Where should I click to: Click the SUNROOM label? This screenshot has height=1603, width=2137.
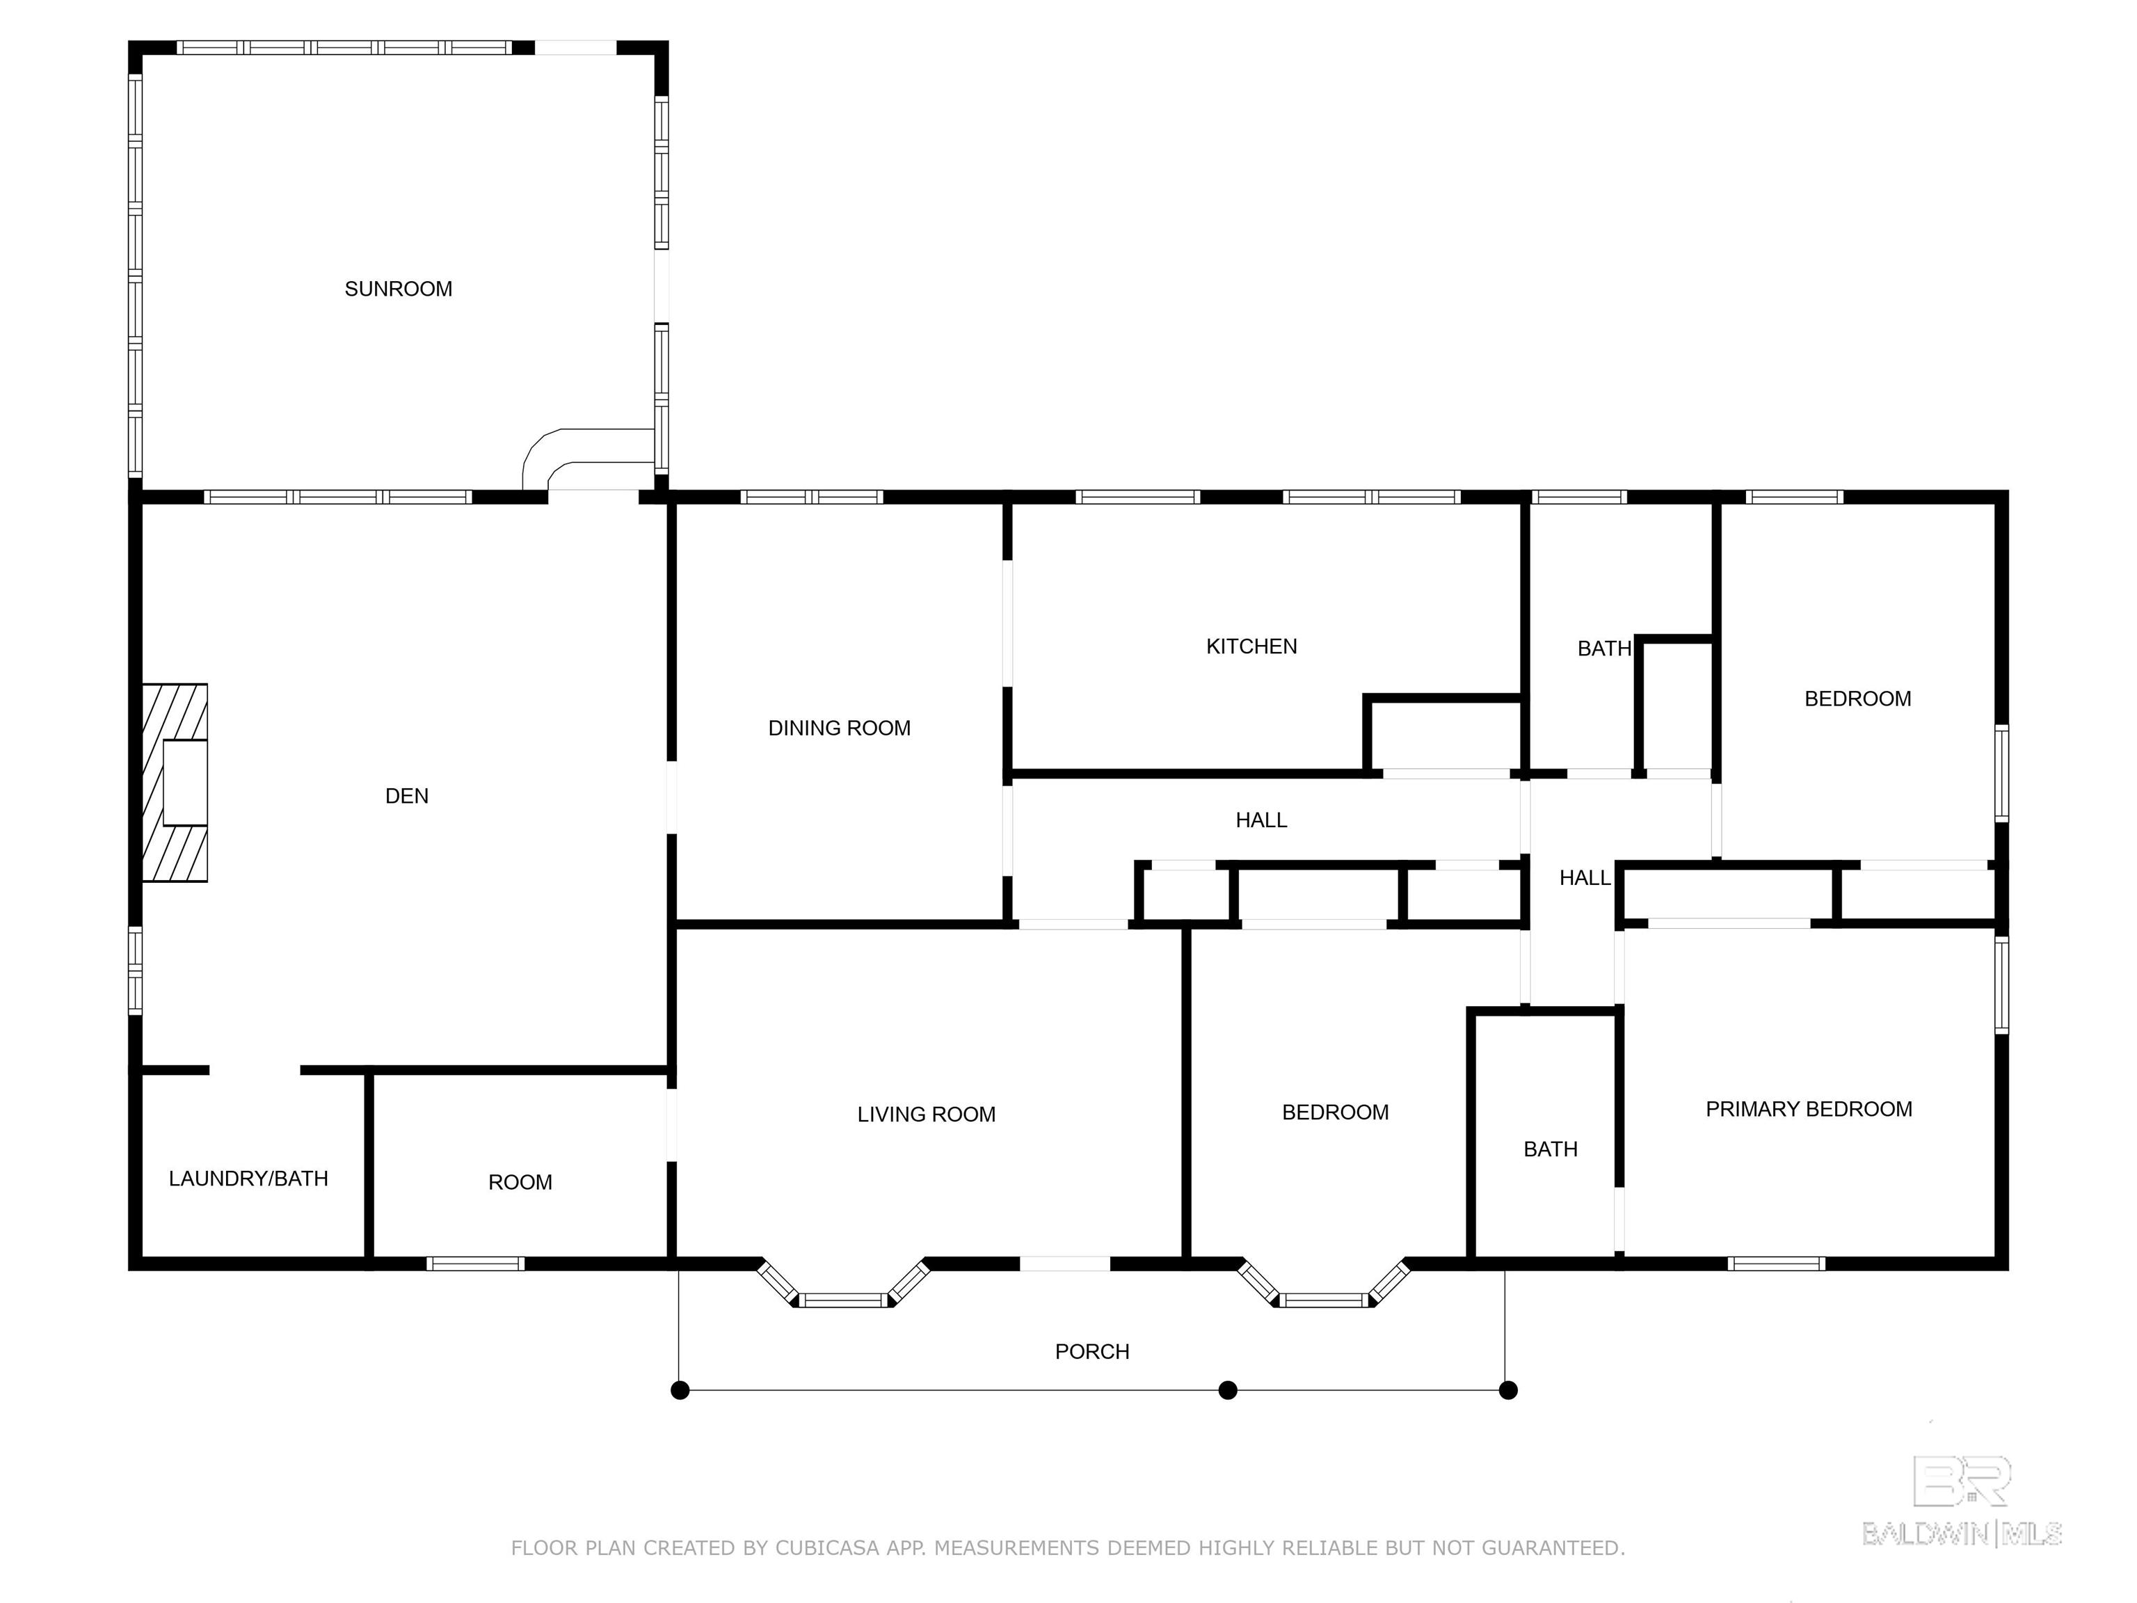398,289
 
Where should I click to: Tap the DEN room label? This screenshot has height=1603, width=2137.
407,796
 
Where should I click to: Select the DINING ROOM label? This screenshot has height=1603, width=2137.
840,728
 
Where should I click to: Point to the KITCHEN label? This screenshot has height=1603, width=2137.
1251,646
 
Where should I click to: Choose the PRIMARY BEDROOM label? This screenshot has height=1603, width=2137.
1809,1109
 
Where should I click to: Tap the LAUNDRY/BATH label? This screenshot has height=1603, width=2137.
248,1179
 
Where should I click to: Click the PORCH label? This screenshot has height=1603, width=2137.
1091,1352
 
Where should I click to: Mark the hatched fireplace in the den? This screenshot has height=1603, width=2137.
175,783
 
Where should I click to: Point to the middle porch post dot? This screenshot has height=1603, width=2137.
1228,1390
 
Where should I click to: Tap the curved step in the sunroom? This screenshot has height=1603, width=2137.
589,460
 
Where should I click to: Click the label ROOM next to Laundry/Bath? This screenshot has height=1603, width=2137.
520,1183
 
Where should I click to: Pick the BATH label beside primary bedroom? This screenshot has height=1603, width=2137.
1551,1150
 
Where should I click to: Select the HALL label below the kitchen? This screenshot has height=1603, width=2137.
1260,820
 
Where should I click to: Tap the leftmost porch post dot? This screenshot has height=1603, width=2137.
680,1390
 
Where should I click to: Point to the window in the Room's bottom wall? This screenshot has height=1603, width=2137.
475,1264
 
